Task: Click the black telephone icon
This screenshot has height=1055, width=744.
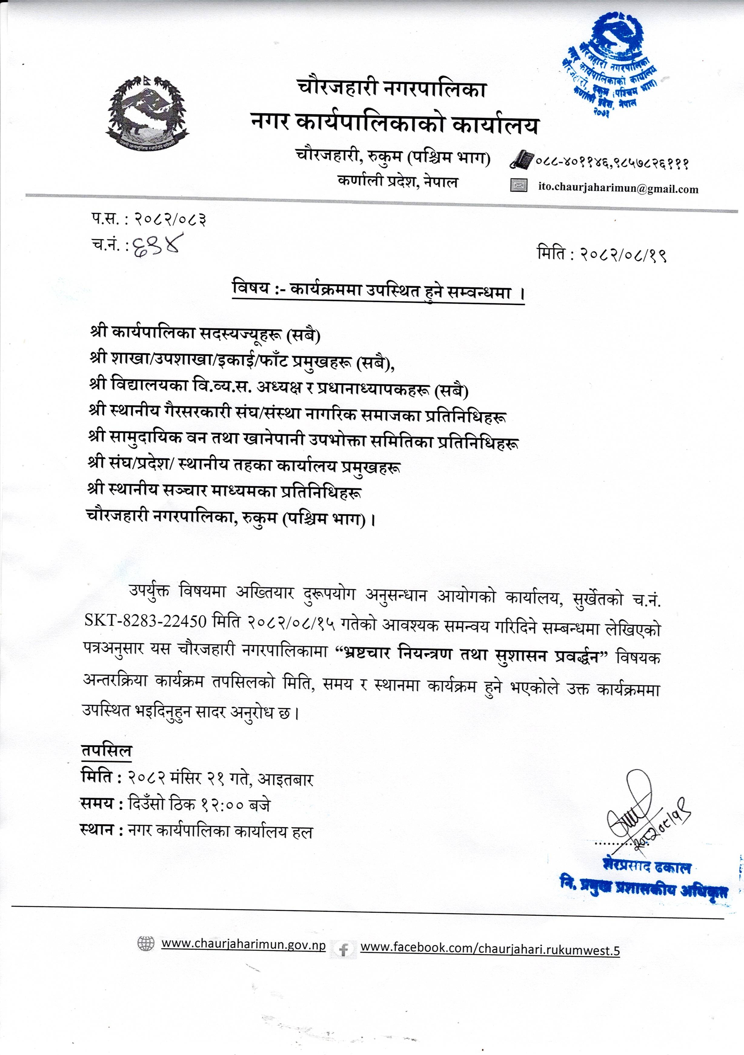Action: [x=521, y=159]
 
